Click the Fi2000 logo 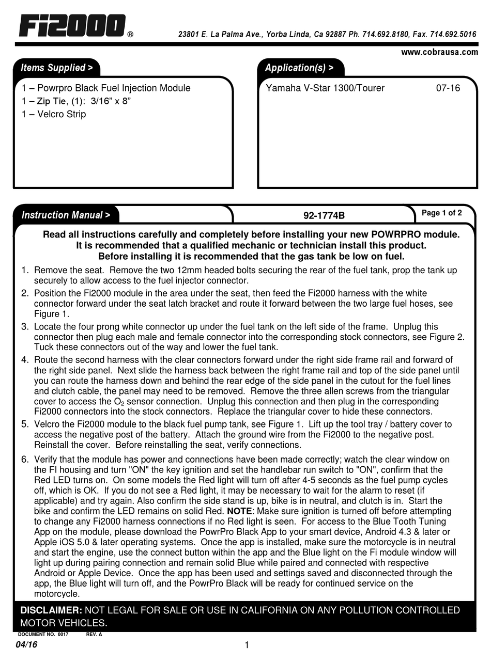pos(72,26)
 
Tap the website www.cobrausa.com pos(439,52)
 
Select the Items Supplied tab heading pos(56,68)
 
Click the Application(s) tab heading pos(299,68)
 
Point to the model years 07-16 pos(448,88)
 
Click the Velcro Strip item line pos(54,114)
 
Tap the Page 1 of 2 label pos(442,213)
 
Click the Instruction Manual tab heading pos(65,215)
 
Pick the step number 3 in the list pos(25,327)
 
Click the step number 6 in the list pos(25,460)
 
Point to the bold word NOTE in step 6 pos(239,511)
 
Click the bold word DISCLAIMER pos(51,610)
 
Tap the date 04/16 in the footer pos(26,645)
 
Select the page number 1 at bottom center pos(247,645)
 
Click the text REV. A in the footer pos(94,635)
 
